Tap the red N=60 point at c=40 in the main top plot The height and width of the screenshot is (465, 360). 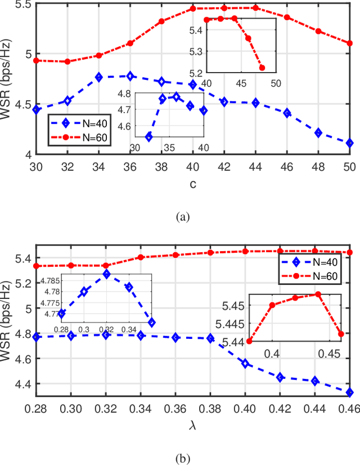(x=193, y=8)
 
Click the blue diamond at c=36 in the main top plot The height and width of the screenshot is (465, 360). (x=130, y=75)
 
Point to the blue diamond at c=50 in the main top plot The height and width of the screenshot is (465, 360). (x=350, y=143)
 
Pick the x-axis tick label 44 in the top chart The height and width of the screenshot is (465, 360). (x=255, y=167)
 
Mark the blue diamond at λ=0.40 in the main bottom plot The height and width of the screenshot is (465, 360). (x=245, y=363)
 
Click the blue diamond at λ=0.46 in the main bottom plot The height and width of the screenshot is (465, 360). (x=350, y=392)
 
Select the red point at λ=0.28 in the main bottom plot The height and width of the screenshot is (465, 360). (x=37, y=266)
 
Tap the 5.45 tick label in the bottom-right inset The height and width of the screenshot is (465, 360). (x=235, y=306)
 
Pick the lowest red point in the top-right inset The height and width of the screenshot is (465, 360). (x=262, y=68)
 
